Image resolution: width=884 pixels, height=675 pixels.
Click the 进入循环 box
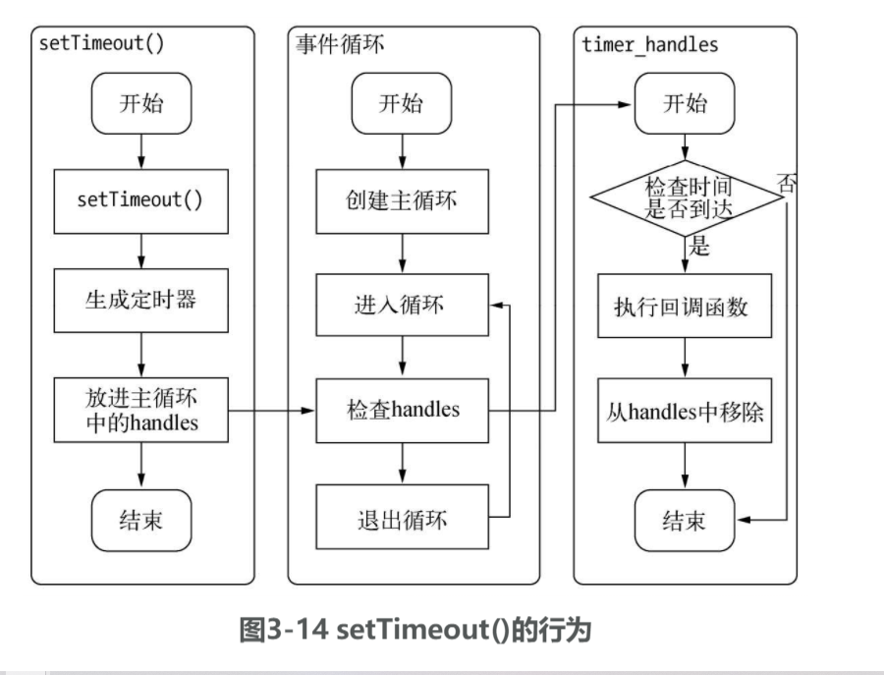[400, 304]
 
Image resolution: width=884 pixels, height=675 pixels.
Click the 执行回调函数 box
[687, 306]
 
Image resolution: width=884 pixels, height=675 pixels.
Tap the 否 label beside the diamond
[788, 183]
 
